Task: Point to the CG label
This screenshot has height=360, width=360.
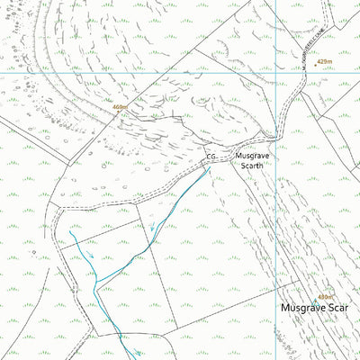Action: tap(210, 157)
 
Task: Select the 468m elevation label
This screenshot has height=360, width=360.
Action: tap(119, 107)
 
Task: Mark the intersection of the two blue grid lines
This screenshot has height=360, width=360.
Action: tap(274, 70)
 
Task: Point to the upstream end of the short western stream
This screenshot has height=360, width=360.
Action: tap(69, 232)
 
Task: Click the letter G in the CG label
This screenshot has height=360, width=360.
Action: tap(212, 157)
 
